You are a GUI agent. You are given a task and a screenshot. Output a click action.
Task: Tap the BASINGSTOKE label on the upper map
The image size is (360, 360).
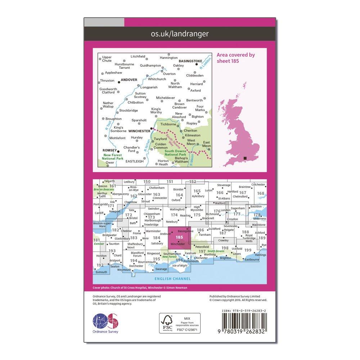tap(193, 61)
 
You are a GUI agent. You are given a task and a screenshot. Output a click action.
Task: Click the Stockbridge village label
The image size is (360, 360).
tap(129, 111)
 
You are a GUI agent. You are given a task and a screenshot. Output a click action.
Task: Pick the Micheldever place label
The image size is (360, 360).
tap(165, 98)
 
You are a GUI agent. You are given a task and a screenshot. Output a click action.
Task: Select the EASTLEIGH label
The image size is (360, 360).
tap(134, 161)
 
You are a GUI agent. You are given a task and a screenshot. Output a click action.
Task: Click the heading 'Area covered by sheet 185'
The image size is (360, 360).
tap(235, 58)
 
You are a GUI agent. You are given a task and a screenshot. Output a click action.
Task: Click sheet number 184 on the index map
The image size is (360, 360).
tap(156, 238)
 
